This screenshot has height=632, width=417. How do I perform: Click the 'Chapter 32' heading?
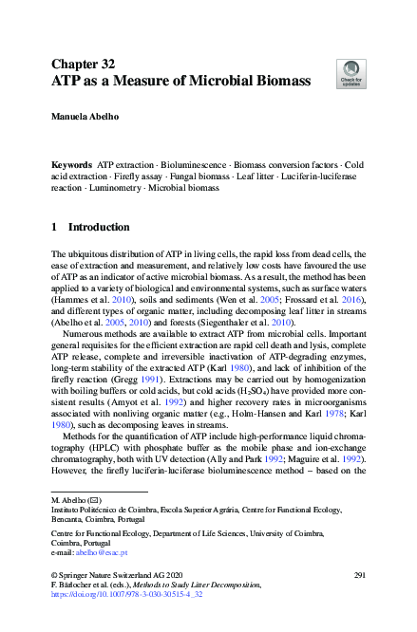[83, 65]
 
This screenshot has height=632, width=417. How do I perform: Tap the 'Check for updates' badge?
[349, 72]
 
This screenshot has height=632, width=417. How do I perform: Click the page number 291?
[359, 576]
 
